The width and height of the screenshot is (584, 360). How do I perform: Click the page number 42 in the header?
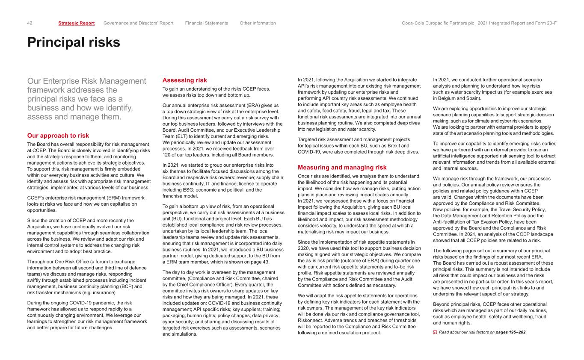coord(30,23)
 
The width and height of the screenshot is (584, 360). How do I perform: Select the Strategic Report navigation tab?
coord(77,23)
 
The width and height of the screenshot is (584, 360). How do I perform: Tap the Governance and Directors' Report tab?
coord(139,23)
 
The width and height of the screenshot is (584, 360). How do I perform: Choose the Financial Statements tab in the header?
coord(207,23)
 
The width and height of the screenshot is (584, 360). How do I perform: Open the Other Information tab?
coord(258,23)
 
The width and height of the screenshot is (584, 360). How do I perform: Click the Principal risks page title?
coord(74,42)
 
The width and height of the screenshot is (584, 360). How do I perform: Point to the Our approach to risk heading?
coord(58,136)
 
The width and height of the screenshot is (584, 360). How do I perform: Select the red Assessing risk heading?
coord(185,80)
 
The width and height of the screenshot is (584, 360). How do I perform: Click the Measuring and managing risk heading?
coord(342,167)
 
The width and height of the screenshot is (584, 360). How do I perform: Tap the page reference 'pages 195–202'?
coord(510,332)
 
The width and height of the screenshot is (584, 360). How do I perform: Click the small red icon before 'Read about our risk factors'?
coord(435,332)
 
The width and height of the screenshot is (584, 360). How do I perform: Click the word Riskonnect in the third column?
coord(311,320)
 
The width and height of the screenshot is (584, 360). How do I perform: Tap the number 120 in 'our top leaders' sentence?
coord(167,154)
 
